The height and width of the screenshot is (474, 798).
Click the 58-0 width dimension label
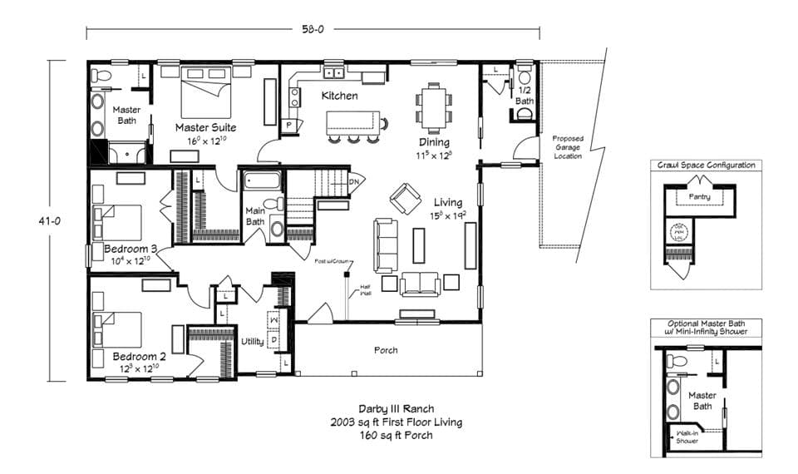pyautogui.click(x=313, y=29)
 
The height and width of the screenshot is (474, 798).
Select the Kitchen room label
pyautogui.click(x=340, y=96)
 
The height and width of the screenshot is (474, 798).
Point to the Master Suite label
pyautogui.click(x=205, y=128)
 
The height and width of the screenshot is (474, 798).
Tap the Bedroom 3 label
pyautogui.click(x=131, y=249)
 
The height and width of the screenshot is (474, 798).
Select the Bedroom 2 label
pyautogui.click(x=140, y=356)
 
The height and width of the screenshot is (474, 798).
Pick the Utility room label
pyautogui.click(x=253, y=341)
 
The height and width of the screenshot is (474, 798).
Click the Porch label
pyautogui.click(x=385, y=350)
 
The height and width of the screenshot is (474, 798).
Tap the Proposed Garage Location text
pyautogui.click(x=568, y=147)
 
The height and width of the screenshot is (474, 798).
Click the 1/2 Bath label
pyautogui.click(x=525, y=95)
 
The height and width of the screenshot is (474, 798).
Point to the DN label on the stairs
pyautogui.click(x=353, y=181)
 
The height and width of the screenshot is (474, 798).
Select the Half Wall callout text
pyautogui.click(x=366, y=291)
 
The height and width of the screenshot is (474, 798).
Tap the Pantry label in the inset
pyautogui.click(x=699, y=196)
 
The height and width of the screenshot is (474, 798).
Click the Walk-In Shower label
pyautogui.click(x=687, y=437)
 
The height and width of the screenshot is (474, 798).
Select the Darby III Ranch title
pyautogui.click(x=396, y=409)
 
